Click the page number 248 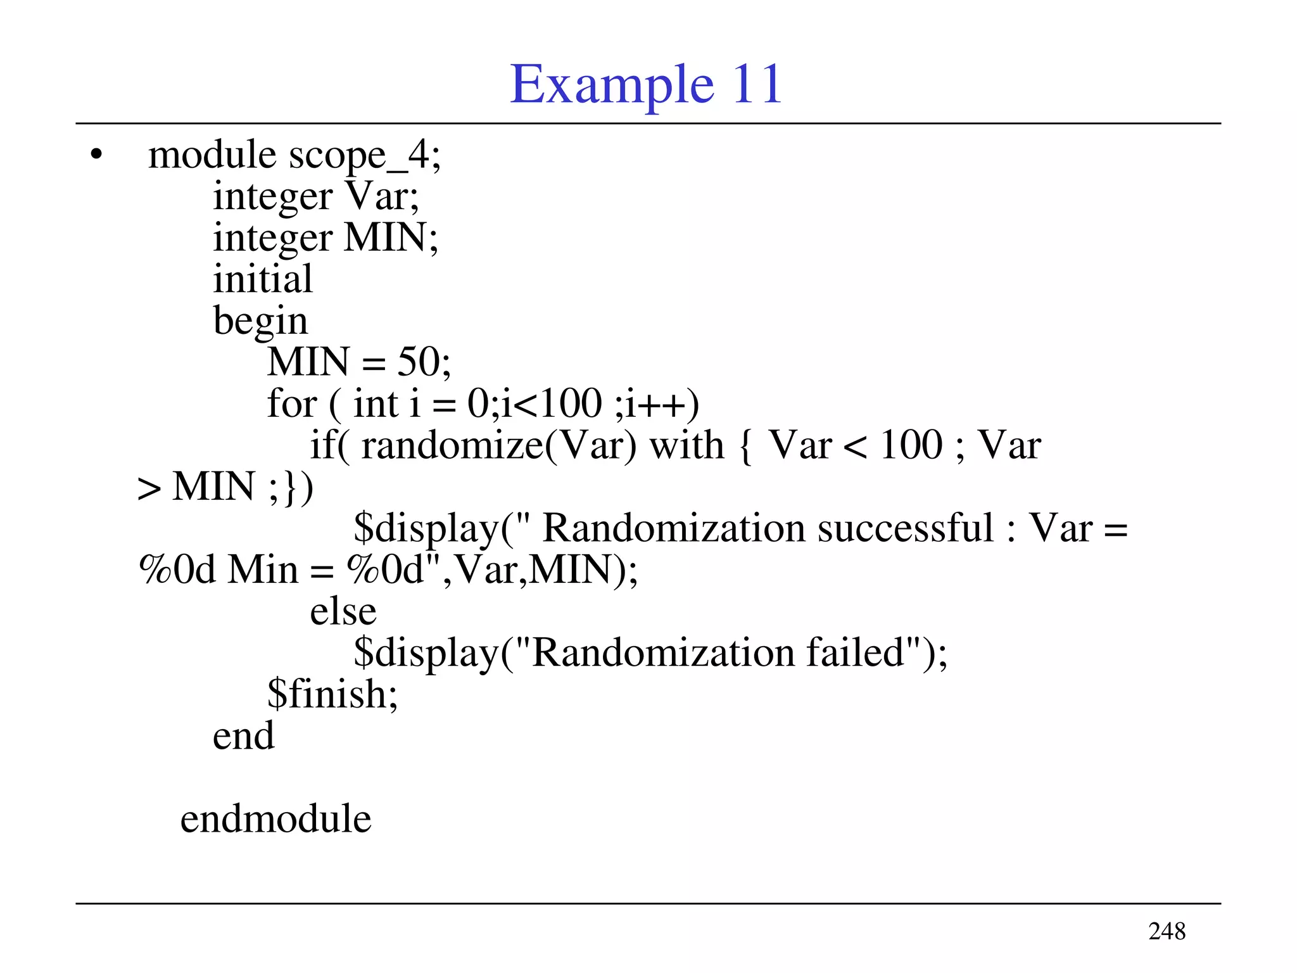1167,931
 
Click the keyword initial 263,279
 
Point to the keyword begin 260,321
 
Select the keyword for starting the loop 291,404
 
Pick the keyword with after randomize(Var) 686,445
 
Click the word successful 906,528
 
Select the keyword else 343,611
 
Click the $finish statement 332,694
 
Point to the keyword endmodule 275,818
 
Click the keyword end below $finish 243,736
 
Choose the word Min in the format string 263,569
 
